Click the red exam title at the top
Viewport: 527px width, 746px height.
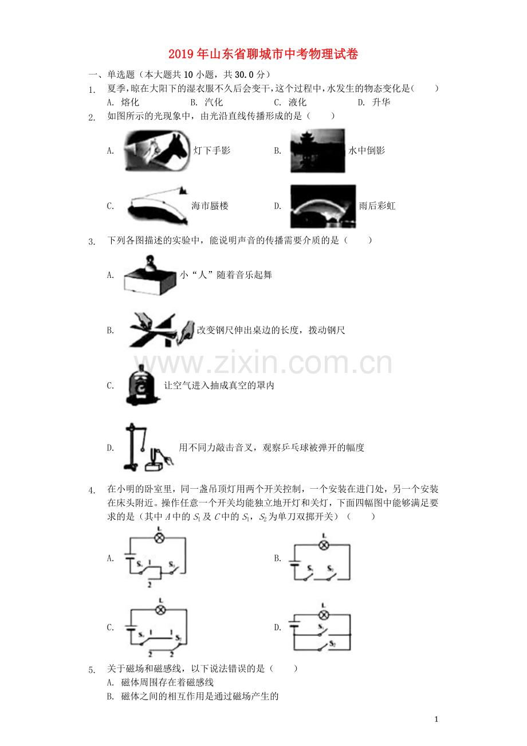[x=263, y=54]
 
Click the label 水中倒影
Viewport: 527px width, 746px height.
[x=367, y=151]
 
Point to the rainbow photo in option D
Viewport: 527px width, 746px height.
[x=323, y=206]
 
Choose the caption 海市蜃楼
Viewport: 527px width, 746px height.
[x=210, y=206]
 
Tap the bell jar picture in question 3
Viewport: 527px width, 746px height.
[x=141, y=385]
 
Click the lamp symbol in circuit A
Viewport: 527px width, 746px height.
[x=160, y=537]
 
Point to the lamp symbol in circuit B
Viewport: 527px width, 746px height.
[x=324, y=545]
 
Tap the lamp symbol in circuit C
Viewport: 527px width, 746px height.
[x=160, y=610]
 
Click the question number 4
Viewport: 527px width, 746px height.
[x=92, y=490]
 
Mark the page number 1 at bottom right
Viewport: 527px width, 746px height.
[x=436, y=720]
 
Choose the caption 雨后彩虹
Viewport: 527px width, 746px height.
[x=377, y=206]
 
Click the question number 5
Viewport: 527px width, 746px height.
[x=92, y=669]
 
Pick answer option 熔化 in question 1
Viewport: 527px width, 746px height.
[x=130, y=103]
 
